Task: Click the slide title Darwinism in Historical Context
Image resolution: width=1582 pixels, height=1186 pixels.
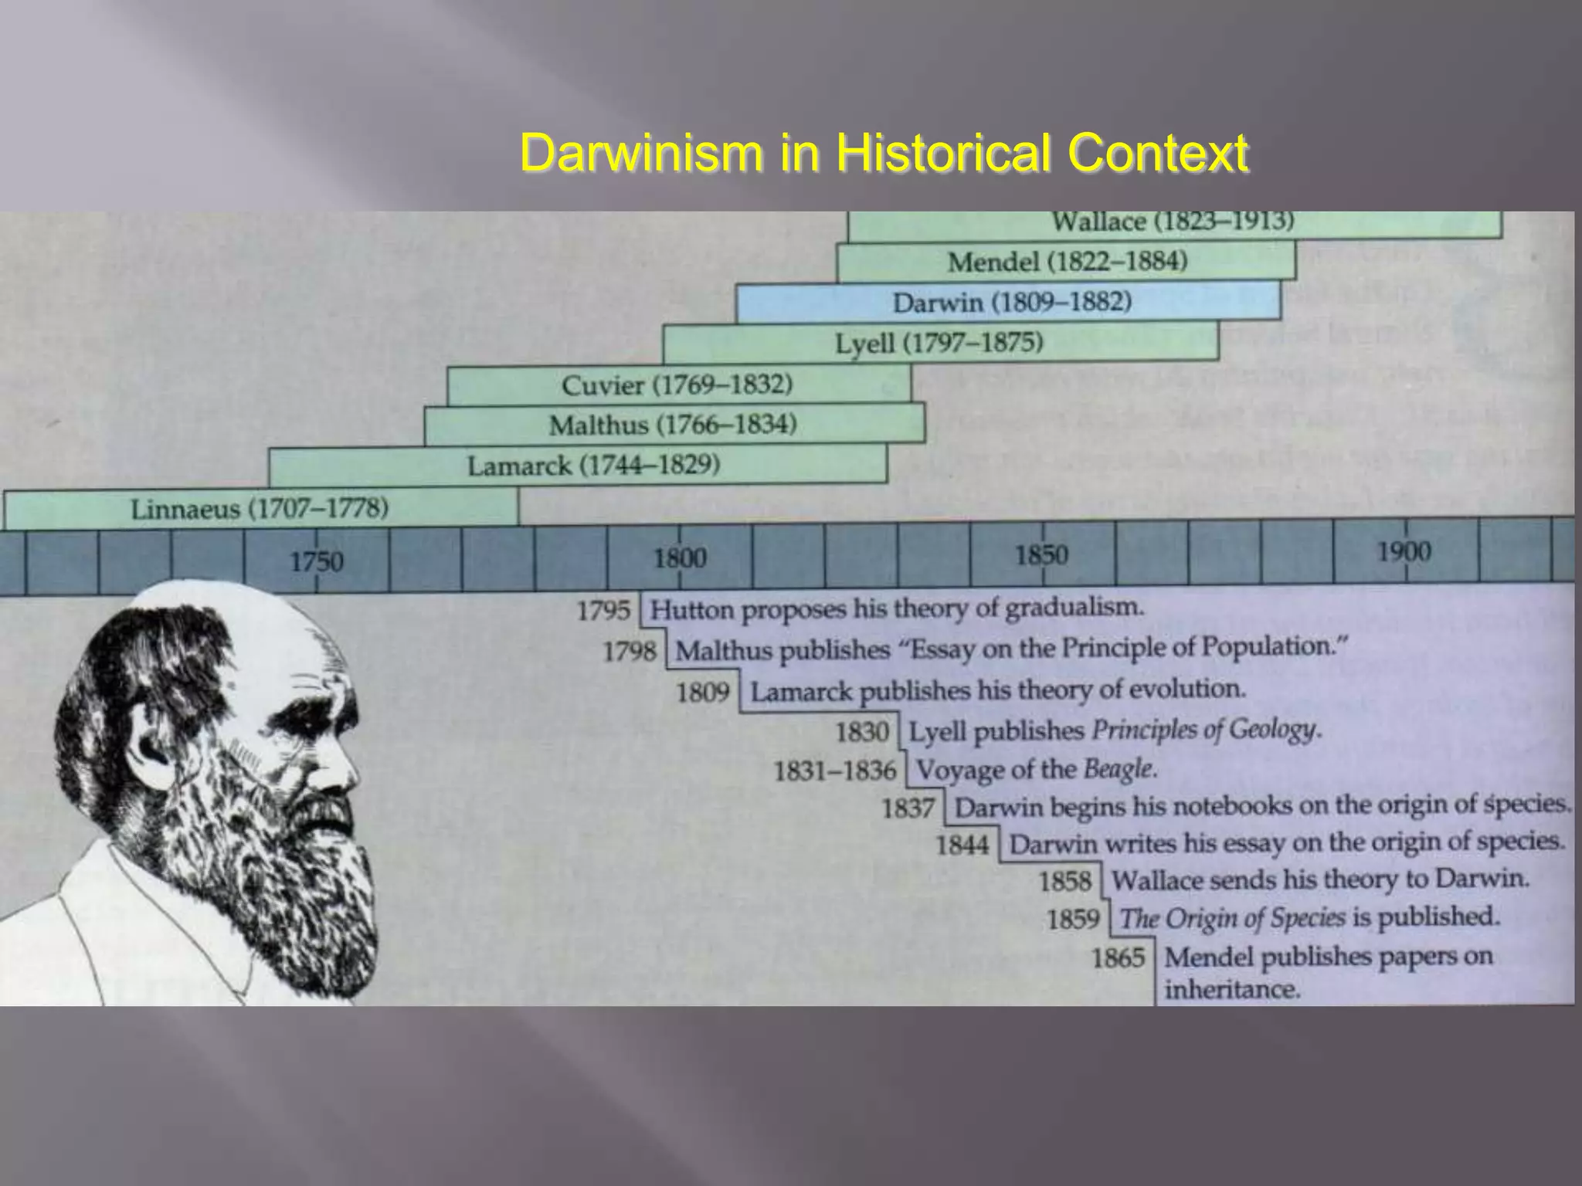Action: pyautogui.click(x=884, y=152)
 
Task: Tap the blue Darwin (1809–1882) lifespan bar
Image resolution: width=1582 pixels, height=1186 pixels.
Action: pyautogui.click(x=1008, y=303)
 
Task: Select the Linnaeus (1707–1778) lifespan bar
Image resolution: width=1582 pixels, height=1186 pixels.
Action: pyautogui.click(x=260, y=510)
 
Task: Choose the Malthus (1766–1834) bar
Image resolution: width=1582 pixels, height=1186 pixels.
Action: pyautogui.click(x=673, y=425)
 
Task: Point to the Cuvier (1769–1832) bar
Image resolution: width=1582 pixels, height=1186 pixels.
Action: pyautogui.click(x=677, y=385)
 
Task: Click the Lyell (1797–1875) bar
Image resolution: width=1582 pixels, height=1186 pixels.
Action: pyautogui.click(x=939, y=343)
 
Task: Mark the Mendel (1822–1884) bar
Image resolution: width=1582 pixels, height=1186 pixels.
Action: pyautogui.click(x=1067, y=262)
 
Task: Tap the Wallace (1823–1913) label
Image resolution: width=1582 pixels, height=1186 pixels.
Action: pyautogui.click(x=1173, y=222)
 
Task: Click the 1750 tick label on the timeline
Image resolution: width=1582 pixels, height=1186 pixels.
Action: pyautogui.click(x=317, y=561)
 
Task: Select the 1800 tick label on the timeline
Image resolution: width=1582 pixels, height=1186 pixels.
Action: pyautogui.click(x=680, y=557)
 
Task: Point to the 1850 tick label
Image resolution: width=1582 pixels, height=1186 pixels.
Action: pyautogui.click(x=1042, y=554)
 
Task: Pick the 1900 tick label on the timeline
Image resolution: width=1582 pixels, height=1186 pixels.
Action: pyautogui.click(x=1404, y=551)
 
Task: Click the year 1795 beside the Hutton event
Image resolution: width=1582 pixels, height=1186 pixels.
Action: pyautogui.click(x=603, y=611)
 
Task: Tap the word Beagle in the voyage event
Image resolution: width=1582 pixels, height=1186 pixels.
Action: pyautogui.click(x=1119, y=769)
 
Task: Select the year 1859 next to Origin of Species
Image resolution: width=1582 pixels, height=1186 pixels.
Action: pyautogui.click(x=1073, y=920)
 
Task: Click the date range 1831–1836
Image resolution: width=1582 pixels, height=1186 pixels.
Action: pyautogui.click(x=835, y=771)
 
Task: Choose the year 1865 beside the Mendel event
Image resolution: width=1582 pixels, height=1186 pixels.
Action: pyautogui.click(x=1118, y=958)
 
